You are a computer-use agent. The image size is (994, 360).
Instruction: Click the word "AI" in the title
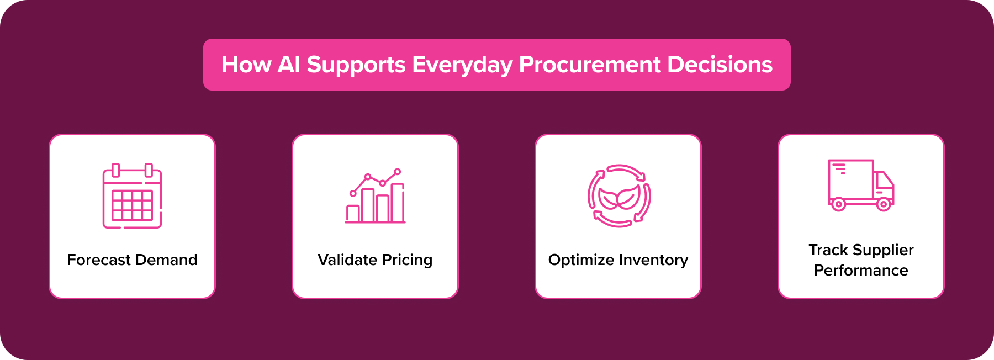[289, 65]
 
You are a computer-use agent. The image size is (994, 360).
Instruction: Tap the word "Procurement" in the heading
[589, 65]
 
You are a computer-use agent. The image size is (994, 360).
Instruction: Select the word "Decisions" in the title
[720, 65]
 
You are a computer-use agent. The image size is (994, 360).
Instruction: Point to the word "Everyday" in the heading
[462, 65]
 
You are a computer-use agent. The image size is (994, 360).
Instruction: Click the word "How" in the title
[246, 65]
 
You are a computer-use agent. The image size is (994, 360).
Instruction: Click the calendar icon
[132, 196]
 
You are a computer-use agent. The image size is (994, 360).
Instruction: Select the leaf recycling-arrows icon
[619, 196]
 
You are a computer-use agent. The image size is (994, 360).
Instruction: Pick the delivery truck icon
[861, 185]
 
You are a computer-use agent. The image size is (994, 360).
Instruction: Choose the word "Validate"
[347, 260]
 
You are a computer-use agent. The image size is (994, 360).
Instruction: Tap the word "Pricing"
[407, 260]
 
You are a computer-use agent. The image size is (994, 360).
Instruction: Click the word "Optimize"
[581, 260]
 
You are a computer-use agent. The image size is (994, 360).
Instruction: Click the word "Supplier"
[882, 250]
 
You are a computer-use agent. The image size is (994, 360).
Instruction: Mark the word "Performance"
[861, 271]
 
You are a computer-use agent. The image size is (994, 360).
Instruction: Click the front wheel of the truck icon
[884, 205]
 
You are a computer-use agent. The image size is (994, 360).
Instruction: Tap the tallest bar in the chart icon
[398, 203]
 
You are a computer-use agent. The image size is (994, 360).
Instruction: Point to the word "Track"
[828, 250]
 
